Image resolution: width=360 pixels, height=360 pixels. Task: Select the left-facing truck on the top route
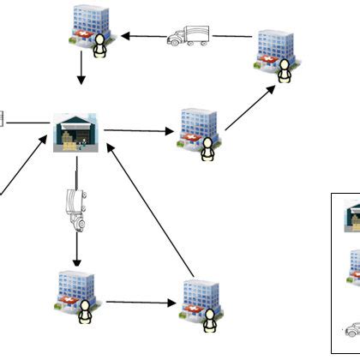click(188, 34)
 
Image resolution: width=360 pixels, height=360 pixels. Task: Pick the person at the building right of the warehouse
click(207, 150)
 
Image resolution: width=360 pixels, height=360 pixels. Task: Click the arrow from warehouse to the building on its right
click(137, 131)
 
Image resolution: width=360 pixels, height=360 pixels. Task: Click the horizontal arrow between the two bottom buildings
click(137, 303)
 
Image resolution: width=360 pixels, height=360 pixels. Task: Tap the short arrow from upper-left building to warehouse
click(81, 70)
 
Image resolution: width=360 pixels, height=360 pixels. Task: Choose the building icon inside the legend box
click(353, 266)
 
